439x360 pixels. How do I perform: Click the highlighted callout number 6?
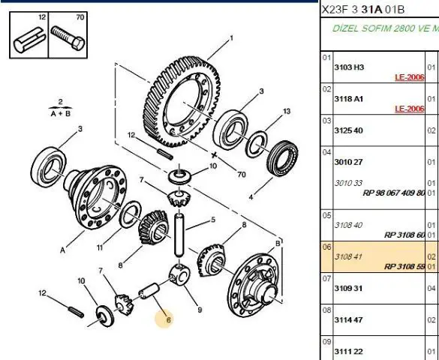[x=168, y=319]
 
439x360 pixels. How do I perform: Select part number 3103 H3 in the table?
[x=349, y=67]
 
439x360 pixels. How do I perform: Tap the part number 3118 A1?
[x=348, y=99]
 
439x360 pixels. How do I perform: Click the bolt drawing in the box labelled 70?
[x=68, y=38]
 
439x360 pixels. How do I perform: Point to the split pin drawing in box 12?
[x=30, y=40]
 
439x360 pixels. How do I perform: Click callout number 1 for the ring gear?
[x=232, y=38]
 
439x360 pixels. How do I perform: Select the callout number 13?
[x=287, y=111]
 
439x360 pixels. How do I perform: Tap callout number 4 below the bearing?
[x=251, y=197]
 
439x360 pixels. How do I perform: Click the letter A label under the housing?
[x=62, y=250]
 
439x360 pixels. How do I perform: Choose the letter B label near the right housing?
[x=278, y=244]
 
